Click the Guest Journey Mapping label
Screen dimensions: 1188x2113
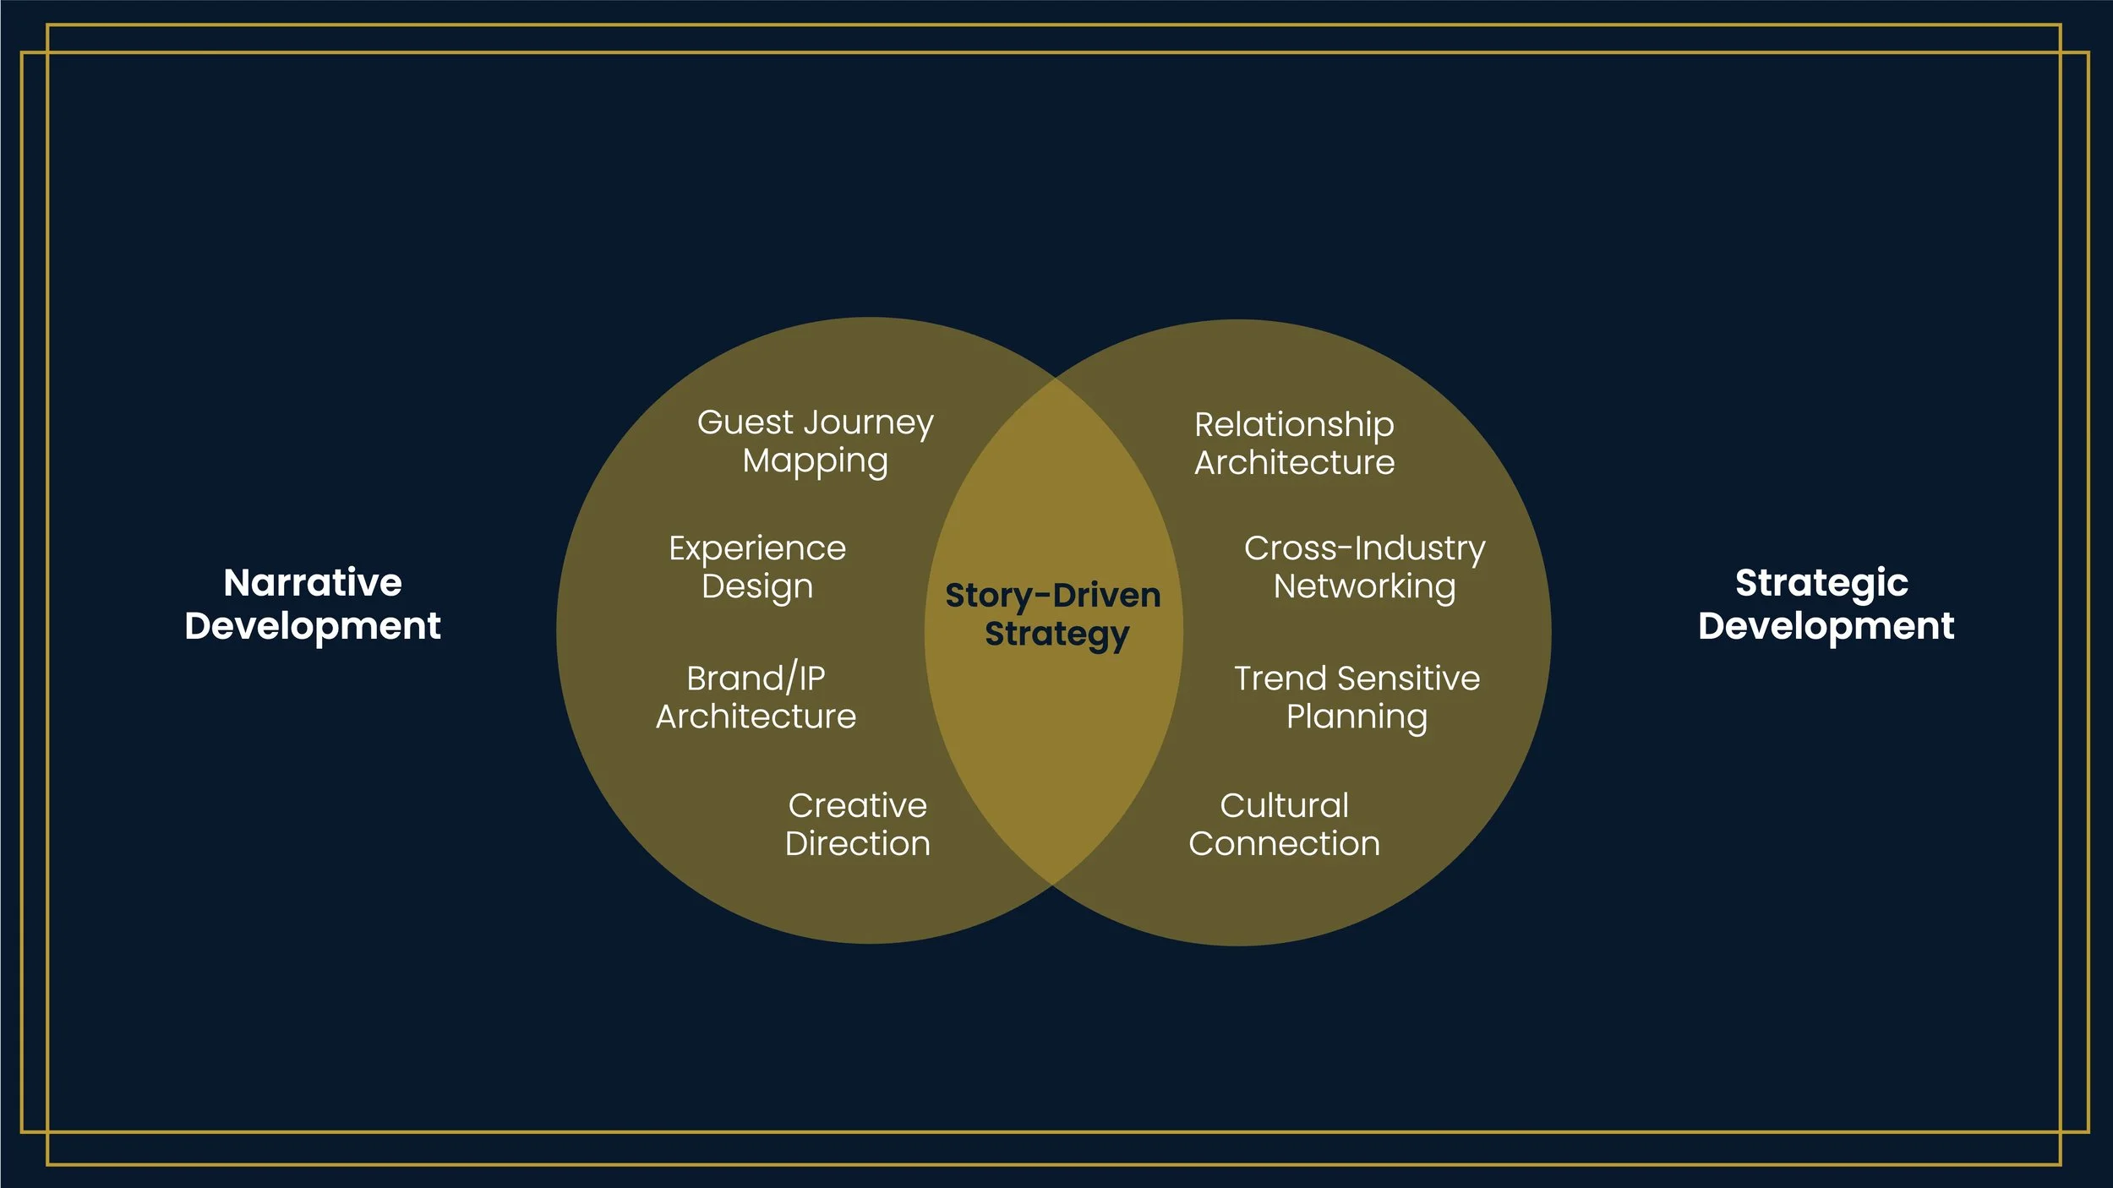click(x=815, y=442)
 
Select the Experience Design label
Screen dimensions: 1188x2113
click(x=757, y=567)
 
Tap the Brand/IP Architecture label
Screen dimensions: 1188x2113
click(x=756, y=697)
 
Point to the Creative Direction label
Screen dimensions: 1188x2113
click(x=857, y=824)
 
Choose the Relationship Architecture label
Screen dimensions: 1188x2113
click(x=1294, y=444)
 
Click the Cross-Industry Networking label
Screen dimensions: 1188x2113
click(x=1364, y=567)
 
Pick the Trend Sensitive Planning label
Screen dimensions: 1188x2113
click(x=1357, y=697)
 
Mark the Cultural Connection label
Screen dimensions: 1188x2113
click(x=1284, y=824)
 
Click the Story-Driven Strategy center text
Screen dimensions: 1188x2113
click(x=1054, y=615)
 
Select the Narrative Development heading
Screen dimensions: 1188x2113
click(x=313, y=604)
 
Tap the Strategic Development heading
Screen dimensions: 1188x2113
click(x=1826, y=604)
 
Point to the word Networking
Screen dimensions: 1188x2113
click(x=1364, y=587)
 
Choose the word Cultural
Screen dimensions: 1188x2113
click(x=1284, y=805)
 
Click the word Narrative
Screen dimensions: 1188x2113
click(x=313, y=582)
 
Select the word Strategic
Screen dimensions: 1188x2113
click(x=1821, y=584)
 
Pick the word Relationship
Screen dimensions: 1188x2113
click(x=1294, y=425)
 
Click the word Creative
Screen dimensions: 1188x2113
click(x=857, y=805)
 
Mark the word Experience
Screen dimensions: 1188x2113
click(x=757, y=549)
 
